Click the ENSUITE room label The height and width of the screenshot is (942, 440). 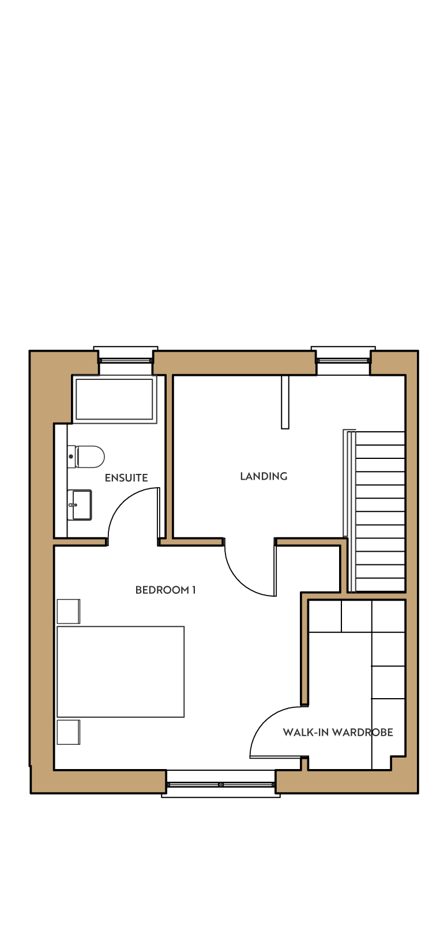[x=126, y=478]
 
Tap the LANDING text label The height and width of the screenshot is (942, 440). [x=264, y=476]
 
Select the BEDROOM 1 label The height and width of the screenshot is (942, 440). [x=166, y=590]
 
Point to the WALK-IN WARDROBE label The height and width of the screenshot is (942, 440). [x=338, y=732]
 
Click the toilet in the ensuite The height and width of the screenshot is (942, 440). [x=86, y=456]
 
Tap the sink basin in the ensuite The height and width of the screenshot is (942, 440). [x=80, y=504]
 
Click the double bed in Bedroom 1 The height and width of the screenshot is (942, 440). [x=121, y=672]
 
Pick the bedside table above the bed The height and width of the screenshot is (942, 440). [x=68, y=611]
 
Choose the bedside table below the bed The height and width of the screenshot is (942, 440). [x=68, y=732]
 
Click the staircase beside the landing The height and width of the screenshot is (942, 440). [x=380, y=511]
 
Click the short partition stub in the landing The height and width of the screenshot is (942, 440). [x=285, y=402]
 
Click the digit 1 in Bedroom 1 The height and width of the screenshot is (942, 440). [x=194, y=590]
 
